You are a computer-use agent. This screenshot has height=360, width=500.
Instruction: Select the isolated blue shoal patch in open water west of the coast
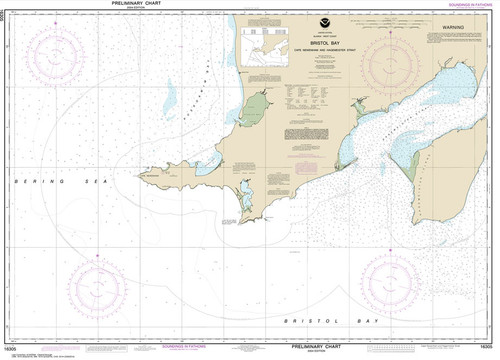click(170, 97)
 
